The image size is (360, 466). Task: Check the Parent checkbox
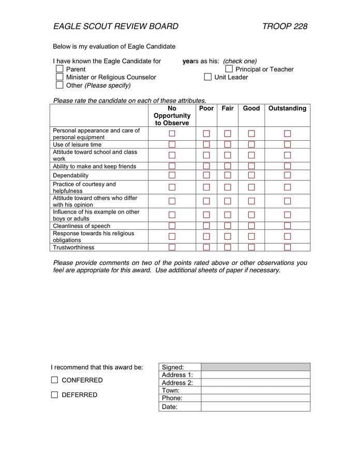click(59, 69)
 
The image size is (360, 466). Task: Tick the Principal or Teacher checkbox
click(229, 69)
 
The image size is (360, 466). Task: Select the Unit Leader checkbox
click(208, 77)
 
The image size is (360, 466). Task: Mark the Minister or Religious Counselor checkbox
click(59, 77)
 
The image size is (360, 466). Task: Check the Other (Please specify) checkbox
click(59, 85)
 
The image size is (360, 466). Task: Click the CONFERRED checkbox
click(55, 380)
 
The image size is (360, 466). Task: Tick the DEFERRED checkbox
click(55, 395)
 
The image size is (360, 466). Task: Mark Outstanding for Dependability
click(288, 175)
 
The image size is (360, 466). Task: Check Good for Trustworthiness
click(251, 247)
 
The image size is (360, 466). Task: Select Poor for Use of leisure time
click(206, 144)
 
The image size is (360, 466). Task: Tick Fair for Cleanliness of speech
click(228, 226)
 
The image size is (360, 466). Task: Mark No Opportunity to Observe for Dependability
click(172, 175)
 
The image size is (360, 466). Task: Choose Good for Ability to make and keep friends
click(251, 166)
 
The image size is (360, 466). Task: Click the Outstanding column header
click(287, 108)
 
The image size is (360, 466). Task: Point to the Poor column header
click(206, 108)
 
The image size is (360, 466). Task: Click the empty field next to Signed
click(256, 367)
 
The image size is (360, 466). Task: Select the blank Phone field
click(256, 398)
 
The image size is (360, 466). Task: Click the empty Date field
click(256, 407)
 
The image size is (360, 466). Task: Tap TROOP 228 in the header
click(284, 26)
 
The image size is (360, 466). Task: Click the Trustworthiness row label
click(74, 247)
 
